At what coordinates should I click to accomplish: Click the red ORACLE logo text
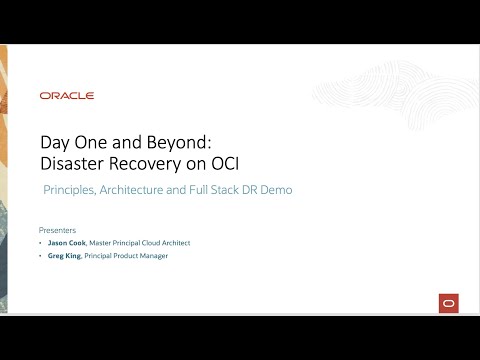pyautogui.click(x=67, y=96)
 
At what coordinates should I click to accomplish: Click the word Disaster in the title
pyautogui.click(x=74, y=162)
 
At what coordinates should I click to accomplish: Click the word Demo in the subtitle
pyautogui.click(x=275, y=189)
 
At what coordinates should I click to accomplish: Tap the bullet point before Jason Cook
pyautogui.click(x=41, y=242)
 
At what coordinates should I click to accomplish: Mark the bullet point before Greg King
pyautogui.click(x=41, y=256)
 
